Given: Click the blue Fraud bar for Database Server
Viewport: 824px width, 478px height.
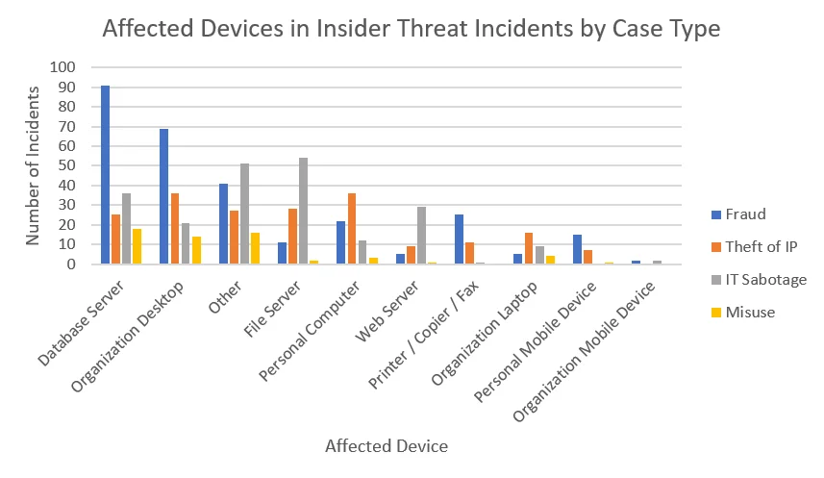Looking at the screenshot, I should coord(106,175).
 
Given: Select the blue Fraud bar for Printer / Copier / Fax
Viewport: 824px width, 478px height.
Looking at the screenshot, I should coord(460,239).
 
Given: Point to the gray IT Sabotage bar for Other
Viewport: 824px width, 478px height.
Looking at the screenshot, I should coord(244,214).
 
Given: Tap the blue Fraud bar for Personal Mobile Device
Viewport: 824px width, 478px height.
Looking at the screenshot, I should coord(577,249).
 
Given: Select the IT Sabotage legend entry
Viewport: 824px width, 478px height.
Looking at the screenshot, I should coord(764,280).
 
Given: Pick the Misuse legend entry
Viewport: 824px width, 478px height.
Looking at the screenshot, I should coord(751,311).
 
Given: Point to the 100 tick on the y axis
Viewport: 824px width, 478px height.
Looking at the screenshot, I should coord(62,67).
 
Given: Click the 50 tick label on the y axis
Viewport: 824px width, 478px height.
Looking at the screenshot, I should coord(66,165).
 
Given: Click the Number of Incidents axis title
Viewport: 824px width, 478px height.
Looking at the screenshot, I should coord(34,165).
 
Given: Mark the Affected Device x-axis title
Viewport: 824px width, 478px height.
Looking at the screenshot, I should coord(386,446).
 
